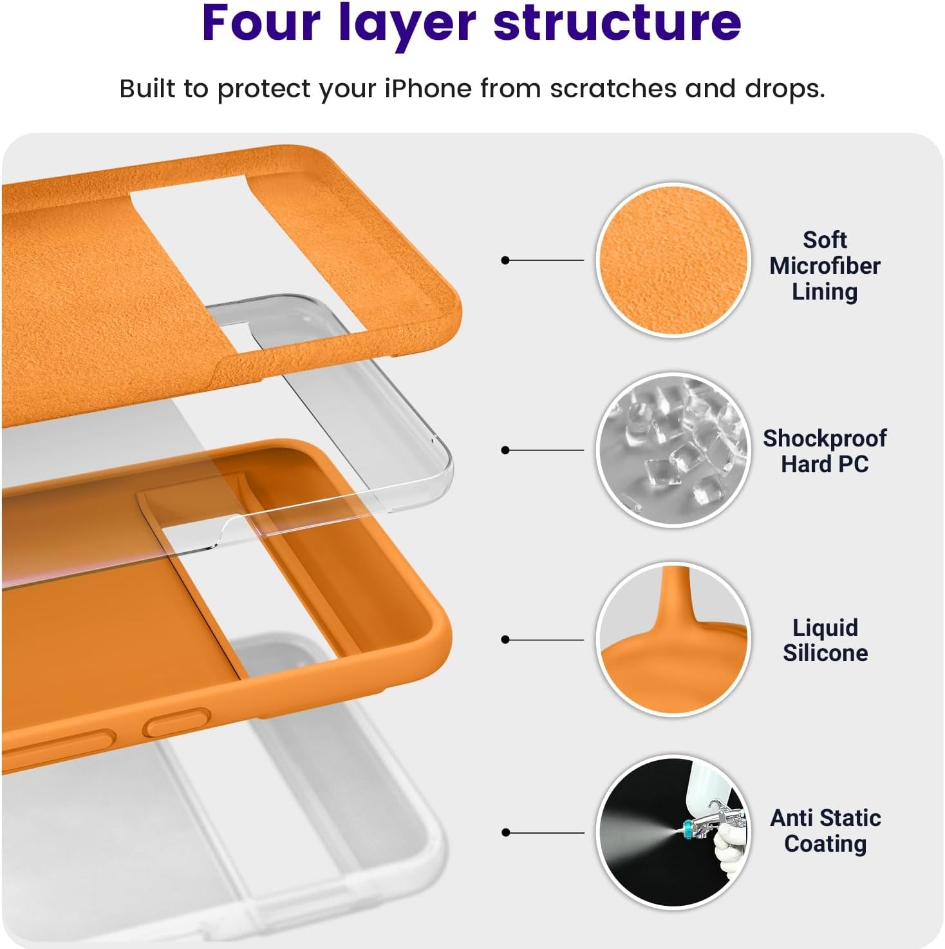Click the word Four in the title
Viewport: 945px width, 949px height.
(261, 23)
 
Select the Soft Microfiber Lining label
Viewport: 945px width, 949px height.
(825, 265)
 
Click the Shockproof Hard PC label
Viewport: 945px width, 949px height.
(825, 451)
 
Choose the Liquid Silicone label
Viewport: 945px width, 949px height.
(825, 640)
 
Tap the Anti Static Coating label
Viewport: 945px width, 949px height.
(825, 830)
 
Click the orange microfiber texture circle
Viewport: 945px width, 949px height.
(673, 260)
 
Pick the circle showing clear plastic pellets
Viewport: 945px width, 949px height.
(673, 450)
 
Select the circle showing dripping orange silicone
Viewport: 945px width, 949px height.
(673, 640)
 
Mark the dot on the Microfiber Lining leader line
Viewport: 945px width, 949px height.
(505, 260)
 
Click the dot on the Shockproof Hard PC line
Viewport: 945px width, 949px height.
(505, 450)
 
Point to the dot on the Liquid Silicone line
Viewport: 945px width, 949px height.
(505, 640)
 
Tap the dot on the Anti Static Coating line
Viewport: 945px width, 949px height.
(505, 832)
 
